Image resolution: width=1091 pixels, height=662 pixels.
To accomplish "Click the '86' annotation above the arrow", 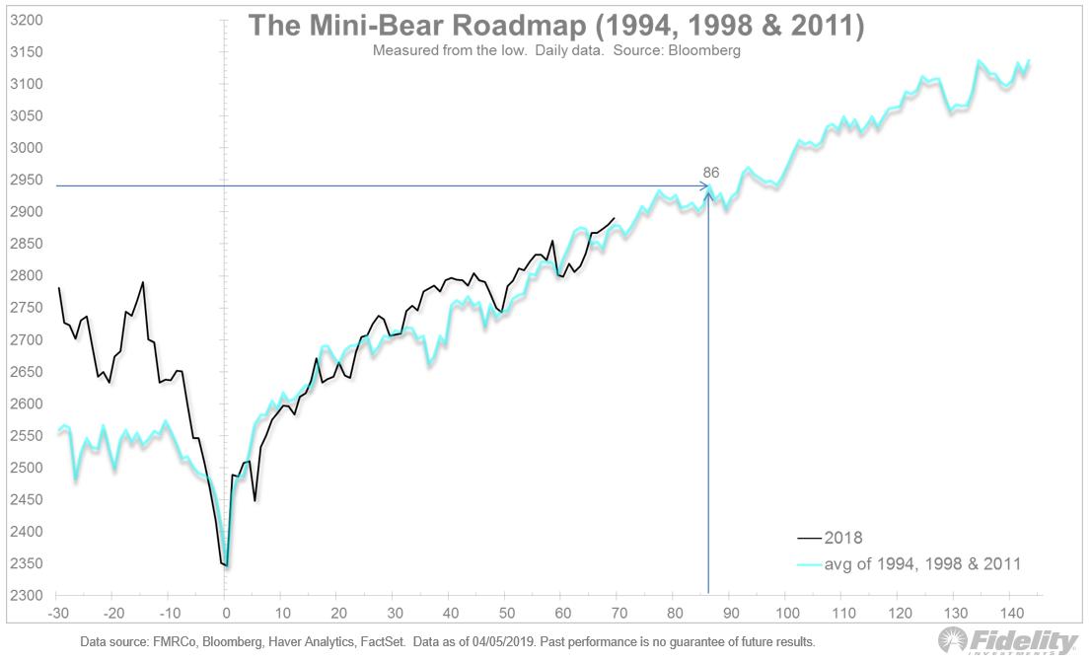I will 710,173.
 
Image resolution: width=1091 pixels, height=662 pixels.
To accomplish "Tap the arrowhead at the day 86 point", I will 707,185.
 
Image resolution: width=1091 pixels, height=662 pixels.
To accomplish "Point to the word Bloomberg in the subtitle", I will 703,50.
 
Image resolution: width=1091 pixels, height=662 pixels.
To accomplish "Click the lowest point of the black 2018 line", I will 226,565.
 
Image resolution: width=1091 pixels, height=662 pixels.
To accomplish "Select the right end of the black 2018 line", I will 616,218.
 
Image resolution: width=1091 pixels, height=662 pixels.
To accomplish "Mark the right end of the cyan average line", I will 1029,60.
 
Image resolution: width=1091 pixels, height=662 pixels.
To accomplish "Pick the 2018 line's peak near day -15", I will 143,282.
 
